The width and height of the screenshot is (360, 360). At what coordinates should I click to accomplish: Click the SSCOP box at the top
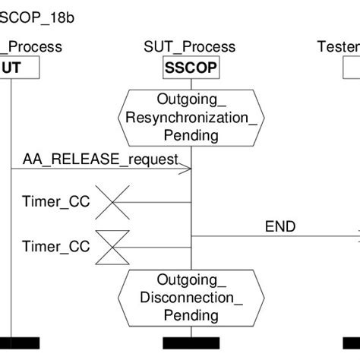click(x=191, y=68)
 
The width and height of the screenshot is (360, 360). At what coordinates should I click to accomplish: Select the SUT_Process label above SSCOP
click(x=189, y=48)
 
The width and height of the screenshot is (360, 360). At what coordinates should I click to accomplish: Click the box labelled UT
click(x=11, y=68)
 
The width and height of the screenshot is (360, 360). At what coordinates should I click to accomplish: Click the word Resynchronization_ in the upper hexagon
click(x=191, y=118)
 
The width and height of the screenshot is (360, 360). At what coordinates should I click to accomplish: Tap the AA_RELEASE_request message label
click(x=100, y=159)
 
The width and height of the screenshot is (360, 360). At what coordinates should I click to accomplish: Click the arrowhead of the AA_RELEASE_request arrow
click(x=187, y=172)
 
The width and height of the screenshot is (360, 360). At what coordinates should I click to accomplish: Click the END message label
click(x=280, y=226)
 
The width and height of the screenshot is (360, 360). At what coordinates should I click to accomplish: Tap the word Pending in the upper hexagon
click(x=191, y=135)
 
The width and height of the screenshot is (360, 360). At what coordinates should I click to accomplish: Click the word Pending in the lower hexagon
click(x=191, y=314)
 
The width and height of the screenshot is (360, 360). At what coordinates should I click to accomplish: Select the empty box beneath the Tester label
click(x=351, y=68)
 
